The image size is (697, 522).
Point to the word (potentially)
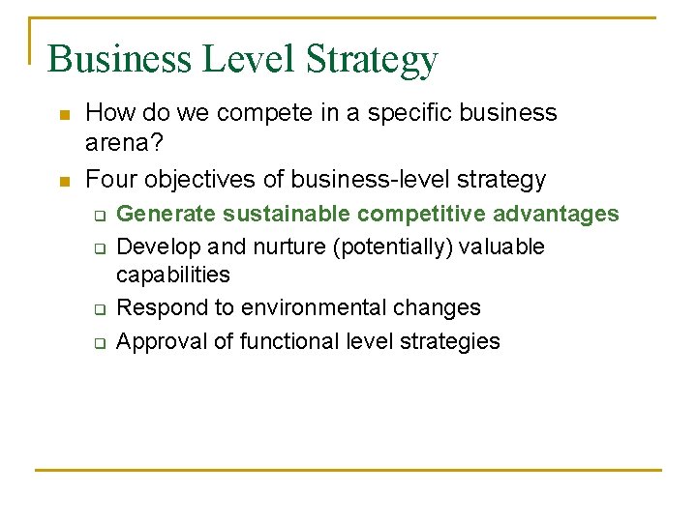pos(393,247)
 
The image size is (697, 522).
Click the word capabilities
pos(173,275)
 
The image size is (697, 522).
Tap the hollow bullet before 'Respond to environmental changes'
pos(99,309)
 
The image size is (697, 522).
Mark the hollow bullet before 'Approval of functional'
pos(99,343)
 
